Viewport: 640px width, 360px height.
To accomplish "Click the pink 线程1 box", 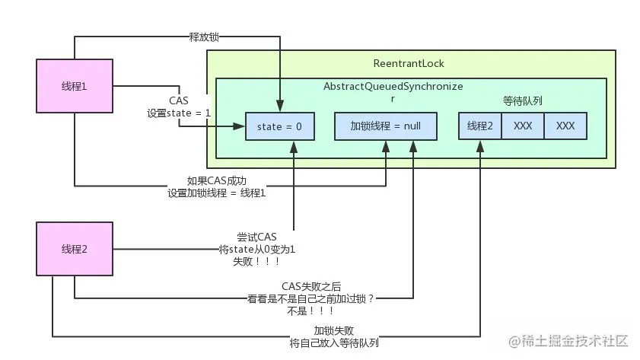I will coord(74,86).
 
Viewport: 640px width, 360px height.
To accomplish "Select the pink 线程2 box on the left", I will coord(74,250).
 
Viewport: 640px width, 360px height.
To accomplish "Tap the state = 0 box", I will coord(279,126).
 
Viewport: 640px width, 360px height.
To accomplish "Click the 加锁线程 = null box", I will coord(386,126).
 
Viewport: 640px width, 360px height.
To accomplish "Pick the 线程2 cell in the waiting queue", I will coord(480,126).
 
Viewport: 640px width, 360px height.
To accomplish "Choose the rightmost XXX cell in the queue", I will coord(565,126).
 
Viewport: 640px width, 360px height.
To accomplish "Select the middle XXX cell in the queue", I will coord(523,126).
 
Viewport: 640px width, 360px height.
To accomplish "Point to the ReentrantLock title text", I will coord(410,62).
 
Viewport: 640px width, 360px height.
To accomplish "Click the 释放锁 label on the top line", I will coord(205,36).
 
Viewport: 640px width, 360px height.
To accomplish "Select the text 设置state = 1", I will coord(180,113).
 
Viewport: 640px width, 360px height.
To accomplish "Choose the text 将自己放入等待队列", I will coord(334,342).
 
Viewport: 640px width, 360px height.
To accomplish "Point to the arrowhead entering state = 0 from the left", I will coord(241,126).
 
